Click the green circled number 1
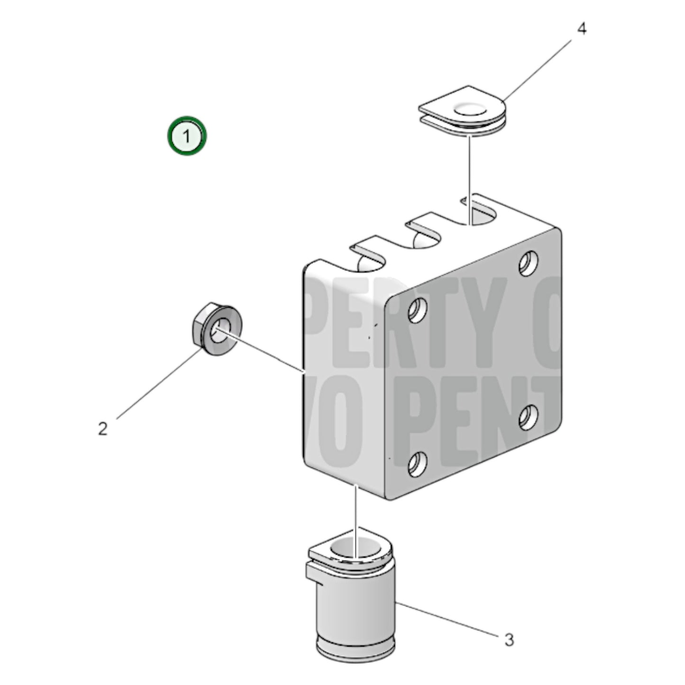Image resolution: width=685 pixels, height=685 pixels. point(187,136)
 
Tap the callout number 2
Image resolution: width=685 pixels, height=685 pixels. point(103,429)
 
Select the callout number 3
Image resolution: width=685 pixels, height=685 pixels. point(509,640)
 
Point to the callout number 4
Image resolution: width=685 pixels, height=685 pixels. point(582,29)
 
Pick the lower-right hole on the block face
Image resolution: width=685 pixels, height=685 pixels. point(528,417)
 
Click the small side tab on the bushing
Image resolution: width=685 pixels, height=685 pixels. point(313,571)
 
